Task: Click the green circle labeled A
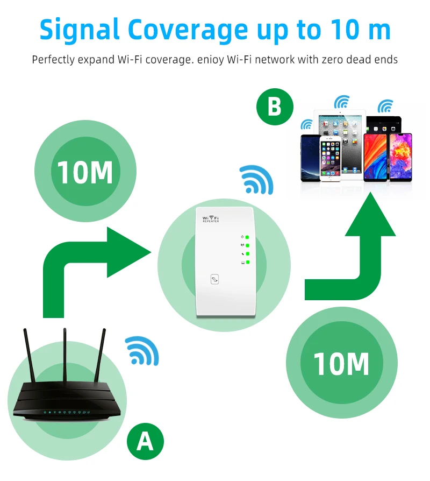coord(145,442)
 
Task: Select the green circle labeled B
coord(275,107)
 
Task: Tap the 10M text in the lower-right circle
coord(342,364)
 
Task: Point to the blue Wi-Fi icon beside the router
coord(143,350)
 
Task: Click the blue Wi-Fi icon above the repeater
coord(257,180)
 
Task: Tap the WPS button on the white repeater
coord(214,279)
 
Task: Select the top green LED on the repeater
coord(248,237)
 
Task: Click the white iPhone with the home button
coord(331,159)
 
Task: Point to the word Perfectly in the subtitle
coord(53,59)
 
